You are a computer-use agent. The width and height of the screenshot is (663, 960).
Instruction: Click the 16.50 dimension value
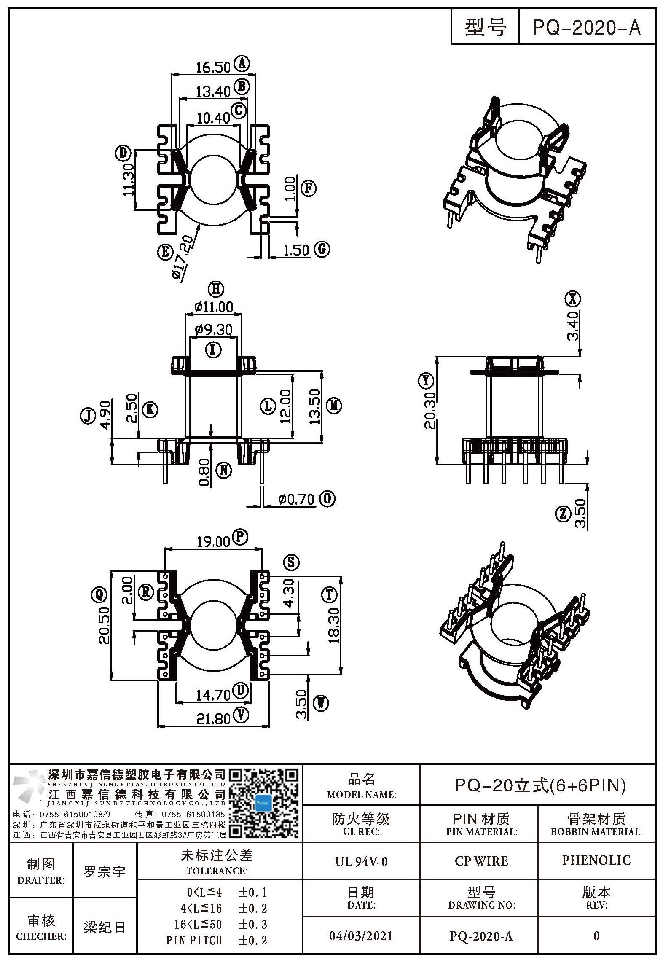pos(213,67)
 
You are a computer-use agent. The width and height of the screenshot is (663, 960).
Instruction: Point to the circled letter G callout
pos(322,249)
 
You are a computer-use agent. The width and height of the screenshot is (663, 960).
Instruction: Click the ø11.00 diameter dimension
pos(214,307)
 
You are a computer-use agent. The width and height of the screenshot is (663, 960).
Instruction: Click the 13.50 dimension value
pos(315,406)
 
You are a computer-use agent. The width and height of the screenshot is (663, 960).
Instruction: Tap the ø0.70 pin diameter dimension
pos(297,500)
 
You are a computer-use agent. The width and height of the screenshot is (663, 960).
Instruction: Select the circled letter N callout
pos(224,470)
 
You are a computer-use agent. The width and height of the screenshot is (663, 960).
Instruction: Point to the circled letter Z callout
pos(563,514)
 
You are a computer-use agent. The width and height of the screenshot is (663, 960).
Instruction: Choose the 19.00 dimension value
pos(214,542)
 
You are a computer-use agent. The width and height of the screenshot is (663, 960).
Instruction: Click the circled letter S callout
pos(291,562)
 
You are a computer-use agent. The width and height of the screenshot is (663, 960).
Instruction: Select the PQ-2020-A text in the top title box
pos(587,28)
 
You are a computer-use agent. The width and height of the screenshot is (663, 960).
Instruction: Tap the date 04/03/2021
pos(361,936)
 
